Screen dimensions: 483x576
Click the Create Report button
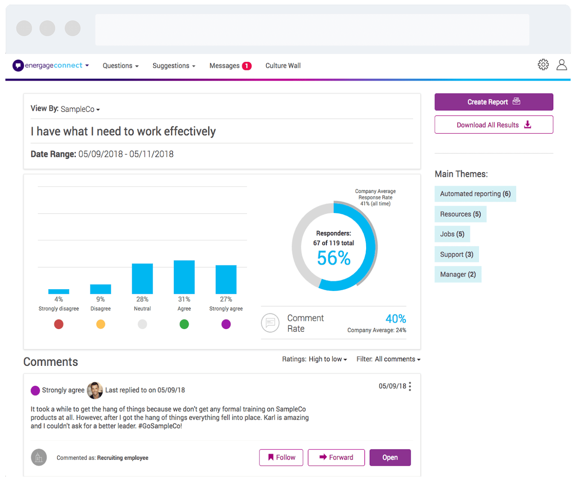click(494, 102)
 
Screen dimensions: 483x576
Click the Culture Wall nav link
click(283, 66)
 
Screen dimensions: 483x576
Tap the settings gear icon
click(543, 65)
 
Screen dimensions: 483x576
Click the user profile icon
click(561, 65)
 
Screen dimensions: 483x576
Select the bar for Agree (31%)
click(184, 277)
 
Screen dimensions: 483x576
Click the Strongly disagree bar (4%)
click(59, 292)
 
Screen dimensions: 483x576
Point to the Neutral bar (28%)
click(142, 279)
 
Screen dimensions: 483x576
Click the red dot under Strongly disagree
click(59, 324)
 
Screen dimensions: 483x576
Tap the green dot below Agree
click(184, 324)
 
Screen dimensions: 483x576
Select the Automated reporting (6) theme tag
click(475, 194)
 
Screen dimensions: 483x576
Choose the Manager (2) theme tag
click(458, 274)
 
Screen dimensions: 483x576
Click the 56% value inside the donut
click(333, 258)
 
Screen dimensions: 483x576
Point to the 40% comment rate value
click(395, 319)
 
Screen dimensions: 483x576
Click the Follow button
click(281, 457)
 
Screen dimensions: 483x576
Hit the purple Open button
click(390, 457)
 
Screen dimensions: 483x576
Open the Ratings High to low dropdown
click(314, 359)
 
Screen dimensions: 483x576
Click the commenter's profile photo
click(95, 390)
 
